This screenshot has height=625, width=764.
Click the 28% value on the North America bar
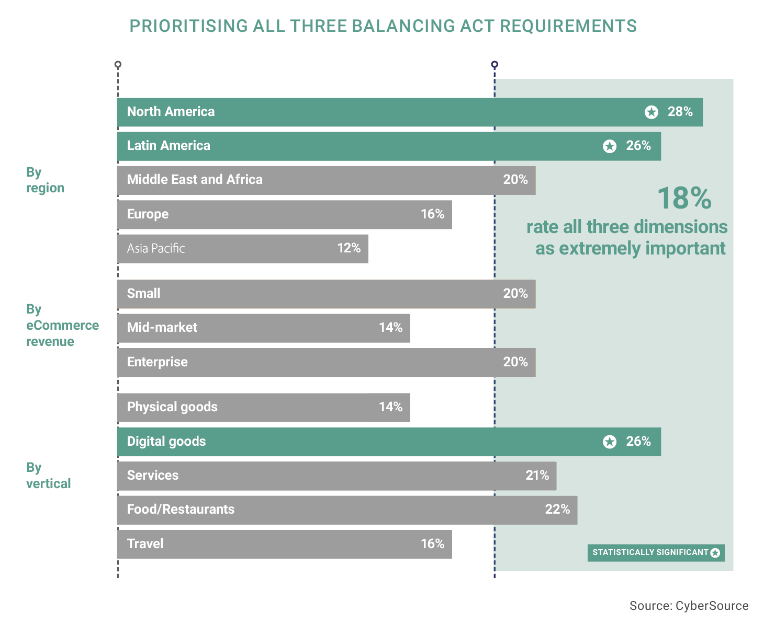pyautogui.click(x=680, y=111)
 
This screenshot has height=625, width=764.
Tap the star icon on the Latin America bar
pyautogui.click(x=610, y=146)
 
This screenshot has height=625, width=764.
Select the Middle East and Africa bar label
pyautogui.click(x=195, y=179)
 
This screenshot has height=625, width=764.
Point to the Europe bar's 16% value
pyautogui.click(x=433, y=214)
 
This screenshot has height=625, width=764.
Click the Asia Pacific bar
pyautogui.click(x=243, y=248)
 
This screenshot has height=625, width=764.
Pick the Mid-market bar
pyautogui.click(x=264, y=328)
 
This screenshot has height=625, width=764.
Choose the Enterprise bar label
pyautogui.click(x=157, y=362)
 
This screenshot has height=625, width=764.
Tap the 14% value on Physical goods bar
pyautogui.click(x=390, y=407)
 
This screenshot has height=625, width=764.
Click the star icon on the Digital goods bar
pyautogui.click(x=610, y=442)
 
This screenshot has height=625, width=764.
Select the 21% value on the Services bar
pyautogui.click(x=537, y=475)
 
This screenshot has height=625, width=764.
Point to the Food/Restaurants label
pyautogui.click(x=181, y=510)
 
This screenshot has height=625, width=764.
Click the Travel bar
pyautogui.click(x=285, y=544)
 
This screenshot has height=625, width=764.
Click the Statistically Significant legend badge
pyautogui.click(x=656, y=553)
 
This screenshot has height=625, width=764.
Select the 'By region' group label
pyautogui.click(x=45, y=180)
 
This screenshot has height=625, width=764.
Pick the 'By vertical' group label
pyautogui.click(x=48, y=475)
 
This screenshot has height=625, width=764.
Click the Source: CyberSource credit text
pyautogui.click(x=689, y=606)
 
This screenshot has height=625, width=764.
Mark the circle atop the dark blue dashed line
pyautogui.click(x=495, y=65)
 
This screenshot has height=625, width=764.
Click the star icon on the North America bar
pyautogui.click(x=651, y=112)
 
